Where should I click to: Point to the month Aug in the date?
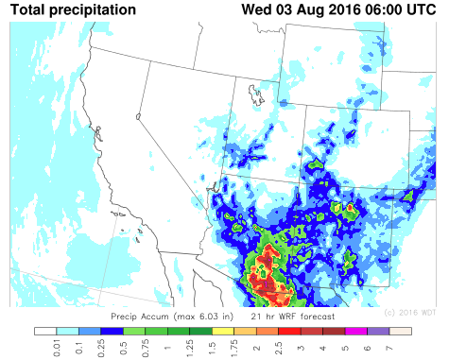click(304, 9)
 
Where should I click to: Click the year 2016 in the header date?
click(332, 9)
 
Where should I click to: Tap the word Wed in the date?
click(256, 9)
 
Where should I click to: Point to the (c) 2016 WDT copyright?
click(409, 313)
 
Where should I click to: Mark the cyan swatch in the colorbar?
click(66, 332)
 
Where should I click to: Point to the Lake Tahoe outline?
click(138, 116)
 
